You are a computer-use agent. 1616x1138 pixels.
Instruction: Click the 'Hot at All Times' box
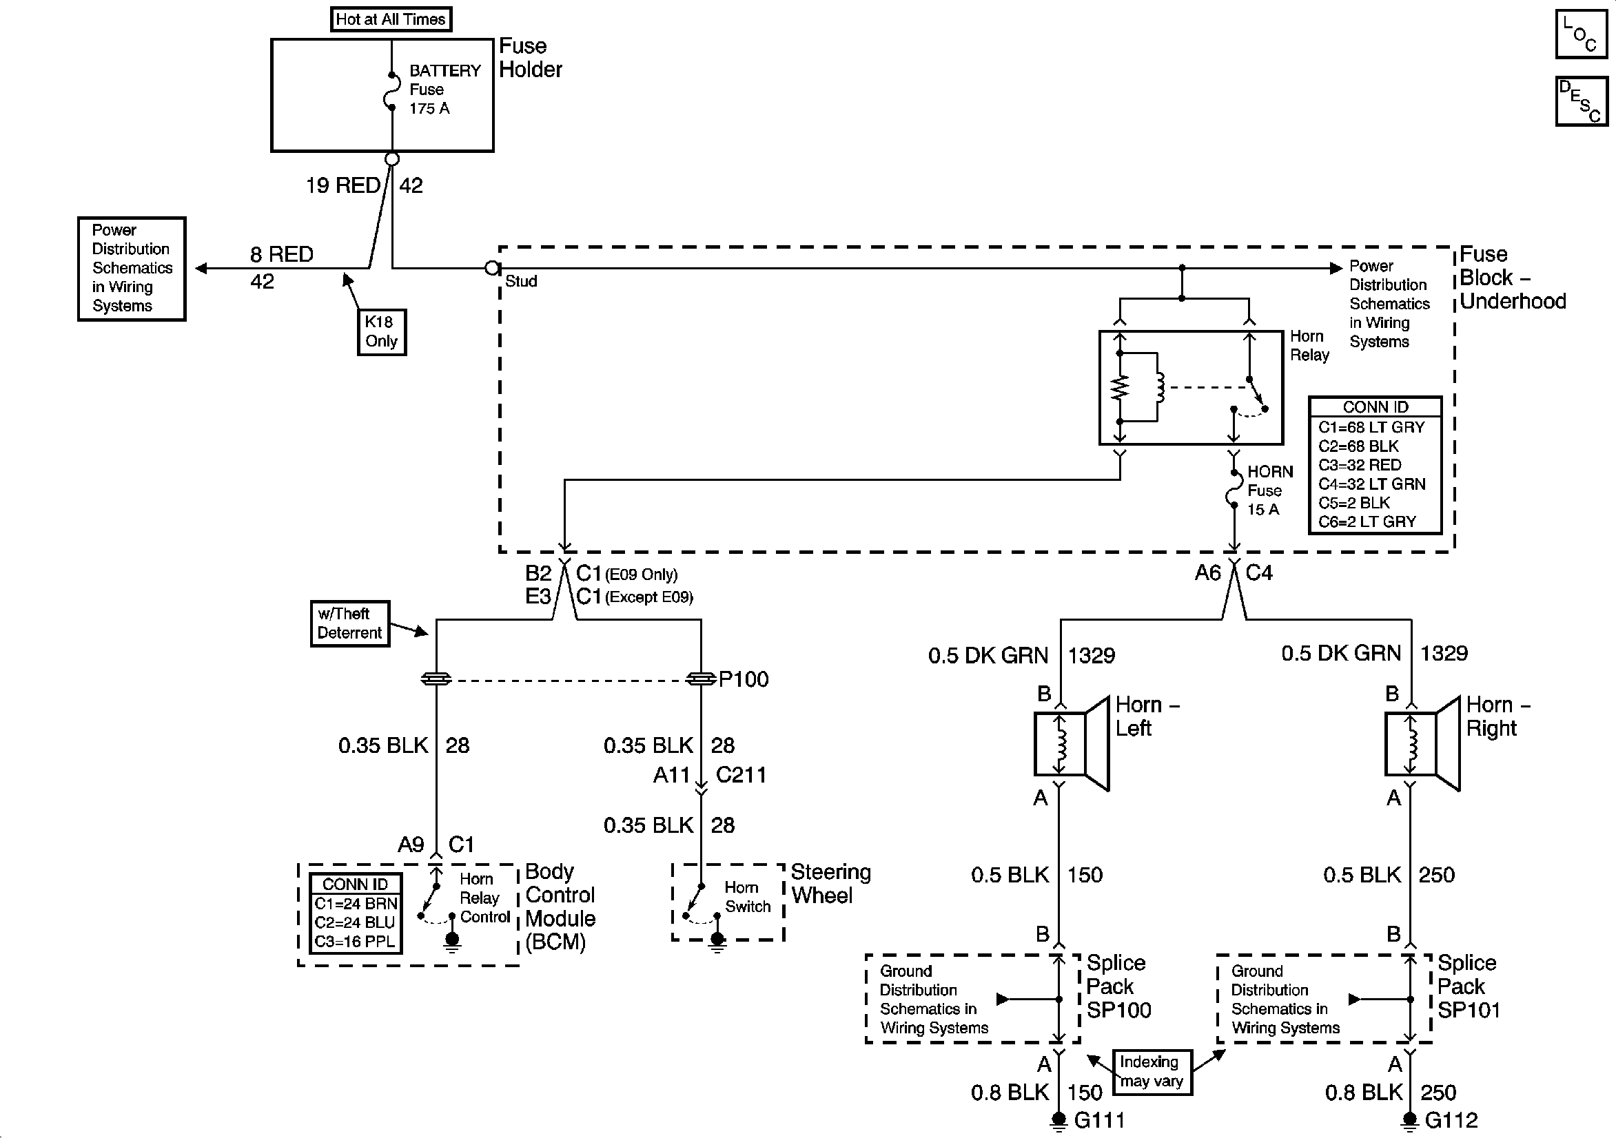tap(391, 19)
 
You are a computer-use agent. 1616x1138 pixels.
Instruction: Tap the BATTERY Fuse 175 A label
tap(443, 90)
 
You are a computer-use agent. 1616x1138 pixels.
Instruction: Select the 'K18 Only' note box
tap(382, 331)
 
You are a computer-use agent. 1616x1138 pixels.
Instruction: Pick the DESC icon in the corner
tap(1581, 101)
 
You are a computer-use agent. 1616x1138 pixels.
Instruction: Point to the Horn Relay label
tap(1309, 346)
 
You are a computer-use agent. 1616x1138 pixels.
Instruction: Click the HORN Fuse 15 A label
tap(1269, 490)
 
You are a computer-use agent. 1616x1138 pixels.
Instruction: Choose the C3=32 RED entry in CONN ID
tap(1359, 465)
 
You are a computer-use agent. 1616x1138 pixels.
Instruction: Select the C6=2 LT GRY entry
tap(1366, 522)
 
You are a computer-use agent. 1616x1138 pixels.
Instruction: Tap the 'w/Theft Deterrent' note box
tap(349, 623)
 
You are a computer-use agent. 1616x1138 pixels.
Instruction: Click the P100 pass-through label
tap(744, 679)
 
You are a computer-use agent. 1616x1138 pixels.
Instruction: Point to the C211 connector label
tap(740, 775)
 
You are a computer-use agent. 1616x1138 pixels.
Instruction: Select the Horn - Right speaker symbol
tap(1422, 743)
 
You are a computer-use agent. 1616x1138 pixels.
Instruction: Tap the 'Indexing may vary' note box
tap(1152, 1072)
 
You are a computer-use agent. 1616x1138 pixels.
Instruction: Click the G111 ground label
tap(1098, 1120)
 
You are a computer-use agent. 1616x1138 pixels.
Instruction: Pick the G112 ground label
tap(1451, 1120)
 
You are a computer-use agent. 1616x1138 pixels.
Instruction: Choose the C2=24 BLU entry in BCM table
tap(356, 922)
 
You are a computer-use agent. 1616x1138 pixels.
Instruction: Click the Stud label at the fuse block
tap(521, 282)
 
